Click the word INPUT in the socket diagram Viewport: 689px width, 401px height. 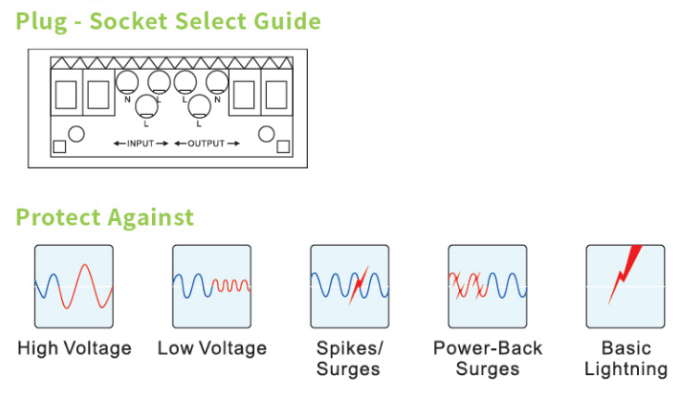point(141,144)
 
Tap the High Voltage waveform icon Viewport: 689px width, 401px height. point(74,287)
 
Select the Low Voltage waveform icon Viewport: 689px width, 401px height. point(211,287)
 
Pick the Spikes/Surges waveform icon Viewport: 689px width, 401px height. point(349,287)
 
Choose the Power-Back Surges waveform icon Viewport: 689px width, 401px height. point(487,287)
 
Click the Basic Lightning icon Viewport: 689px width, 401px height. point(625,287)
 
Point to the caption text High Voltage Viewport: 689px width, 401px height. point(74,349)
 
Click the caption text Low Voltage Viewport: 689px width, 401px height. point(211,349)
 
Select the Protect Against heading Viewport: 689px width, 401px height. point(105,217)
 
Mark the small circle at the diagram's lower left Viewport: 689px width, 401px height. point(76,134)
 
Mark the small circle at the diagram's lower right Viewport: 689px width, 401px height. point(267,134)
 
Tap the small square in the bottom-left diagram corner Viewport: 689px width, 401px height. point(59,146)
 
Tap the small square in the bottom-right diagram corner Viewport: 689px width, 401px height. point(283,146)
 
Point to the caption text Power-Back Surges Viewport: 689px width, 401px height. point(488,359)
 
